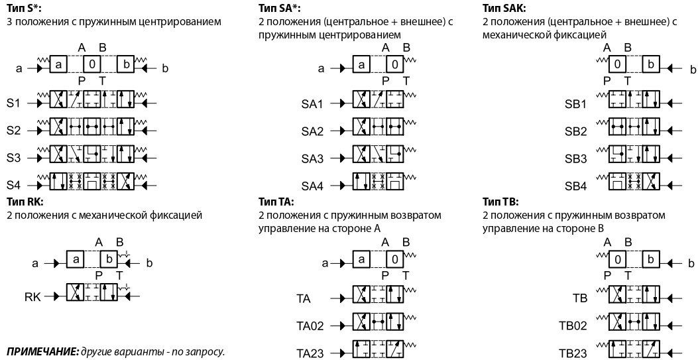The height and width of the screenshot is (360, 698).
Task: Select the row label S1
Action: pyautogui.click(x=14, y=104)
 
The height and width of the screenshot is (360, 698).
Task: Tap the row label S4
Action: pyautogui.click(x=14, y=184)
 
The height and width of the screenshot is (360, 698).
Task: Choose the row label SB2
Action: pyautogui.click(x=575, y=131)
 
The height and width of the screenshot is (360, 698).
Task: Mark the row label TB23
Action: pyautogui.click(x=573, y=353)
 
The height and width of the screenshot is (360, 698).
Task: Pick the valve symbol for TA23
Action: pyautogui.click(x=378, y=353)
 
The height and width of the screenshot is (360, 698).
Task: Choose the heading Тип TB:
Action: pyautogui.click(x=500, y=202)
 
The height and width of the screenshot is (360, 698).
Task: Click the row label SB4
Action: pyautogui.click(x=575, y=186)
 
